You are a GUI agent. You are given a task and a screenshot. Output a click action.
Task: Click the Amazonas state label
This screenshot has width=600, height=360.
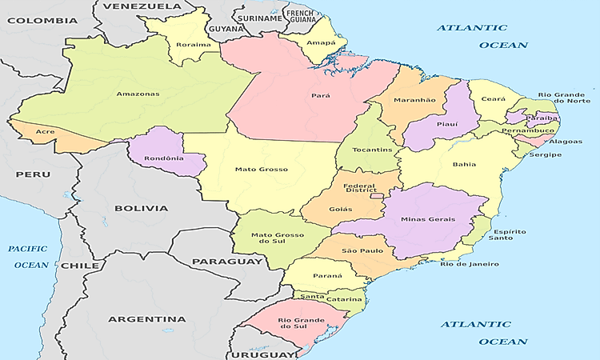click(x=138, y=94)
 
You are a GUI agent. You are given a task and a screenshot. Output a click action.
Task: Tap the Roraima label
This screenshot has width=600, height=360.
click(x=194, y=44)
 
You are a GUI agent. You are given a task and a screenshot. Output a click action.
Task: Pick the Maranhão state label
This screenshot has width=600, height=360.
click(x=414, y=100)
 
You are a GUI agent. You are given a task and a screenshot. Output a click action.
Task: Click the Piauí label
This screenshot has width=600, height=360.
click(x=447, y=124)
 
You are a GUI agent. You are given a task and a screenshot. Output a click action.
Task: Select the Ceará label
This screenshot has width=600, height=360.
click(x=494, y=99)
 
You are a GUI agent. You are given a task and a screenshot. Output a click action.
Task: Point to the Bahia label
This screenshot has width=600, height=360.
click(x=464, y=165)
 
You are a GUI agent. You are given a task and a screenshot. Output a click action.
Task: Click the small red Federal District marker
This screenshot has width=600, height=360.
click(x=375, y=194)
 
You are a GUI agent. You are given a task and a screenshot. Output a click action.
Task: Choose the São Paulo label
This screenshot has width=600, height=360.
click(x=362, y=250)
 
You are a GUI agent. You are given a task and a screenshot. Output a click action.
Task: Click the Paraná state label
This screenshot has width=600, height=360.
click(x=327, y=275)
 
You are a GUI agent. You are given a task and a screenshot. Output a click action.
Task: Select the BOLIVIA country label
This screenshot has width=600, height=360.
click(x=141, y=208)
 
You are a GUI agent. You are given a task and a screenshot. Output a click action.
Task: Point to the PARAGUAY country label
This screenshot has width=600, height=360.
click(x=227, y=262)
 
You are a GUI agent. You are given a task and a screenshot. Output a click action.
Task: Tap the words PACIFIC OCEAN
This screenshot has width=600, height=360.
click(x=29, y=256)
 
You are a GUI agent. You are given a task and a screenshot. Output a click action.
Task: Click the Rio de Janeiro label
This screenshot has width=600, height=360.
click(x=470, y=265)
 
